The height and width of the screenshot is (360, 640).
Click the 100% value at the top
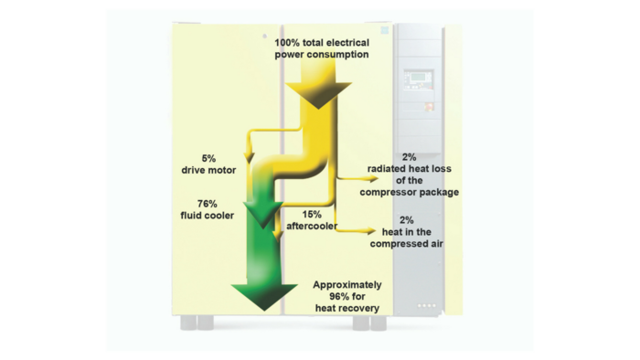click(x=289, y=43)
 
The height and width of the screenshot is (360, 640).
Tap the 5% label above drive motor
click(x=208, y=158)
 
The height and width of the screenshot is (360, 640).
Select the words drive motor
click(x=208, y=170)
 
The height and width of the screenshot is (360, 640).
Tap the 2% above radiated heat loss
click(x=408, y=157)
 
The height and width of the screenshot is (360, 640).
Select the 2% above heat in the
click(x=408, y=220)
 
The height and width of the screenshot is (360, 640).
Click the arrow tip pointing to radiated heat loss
click(x=359, y=169)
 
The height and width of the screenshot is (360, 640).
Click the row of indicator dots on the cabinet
click(x=426, y=304)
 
